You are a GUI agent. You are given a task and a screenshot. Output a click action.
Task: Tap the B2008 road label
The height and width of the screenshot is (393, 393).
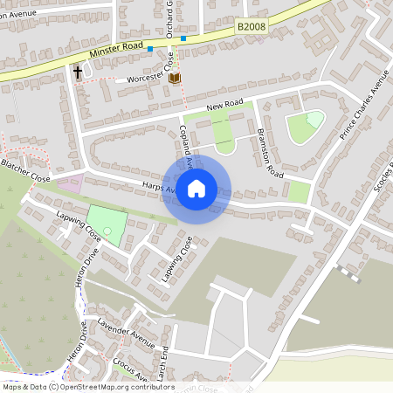(251, 28)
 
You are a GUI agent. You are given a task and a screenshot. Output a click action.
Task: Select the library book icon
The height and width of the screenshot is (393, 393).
(175, 79)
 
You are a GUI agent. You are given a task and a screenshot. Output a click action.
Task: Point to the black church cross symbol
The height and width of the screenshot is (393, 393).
(78, 72)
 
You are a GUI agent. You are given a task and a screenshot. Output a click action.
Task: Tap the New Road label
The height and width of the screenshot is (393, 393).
(224, 106)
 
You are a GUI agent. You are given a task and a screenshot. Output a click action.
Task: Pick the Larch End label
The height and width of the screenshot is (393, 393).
(163, 359)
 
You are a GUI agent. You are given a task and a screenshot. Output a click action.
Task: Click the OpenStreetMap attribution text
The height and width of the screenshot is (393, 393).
(88, 387)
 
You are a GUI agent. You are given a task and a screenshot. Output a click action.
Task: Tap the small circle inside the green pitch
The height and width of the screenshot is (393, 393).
(107, 230)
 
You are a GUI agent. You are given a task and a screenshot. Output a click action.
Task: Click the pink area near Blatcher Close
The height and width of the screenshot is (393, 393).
(69, 184)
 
